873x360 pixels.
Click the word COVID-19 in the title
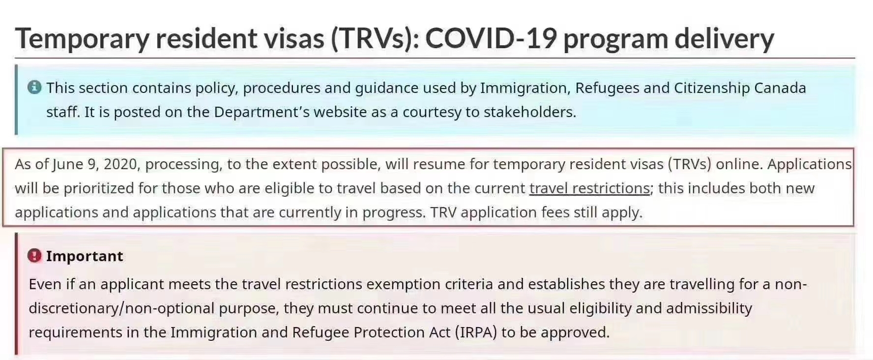[491, 38]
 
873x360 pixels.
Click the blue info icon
[34, 88]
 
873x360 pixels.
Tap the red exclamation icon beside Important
[34, 256]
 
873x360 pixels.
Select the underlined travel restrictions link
[589, 188]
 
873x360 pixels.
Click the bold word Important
[85, 256]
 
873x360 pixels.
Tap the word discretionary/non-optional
[121, 309]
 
